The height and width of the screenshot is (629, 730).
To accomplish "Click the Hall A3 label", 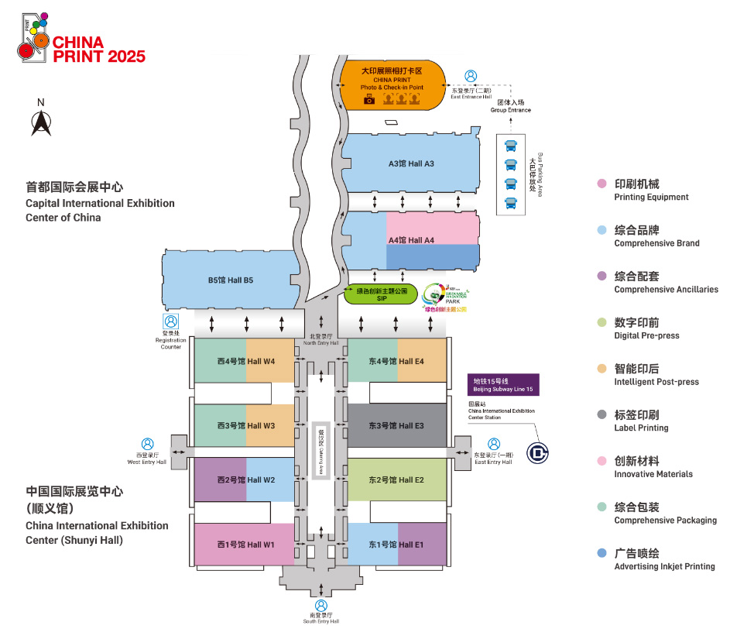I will coord(411,163).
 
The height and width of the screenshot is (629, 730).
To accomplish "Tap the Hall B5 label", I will coord(231,280).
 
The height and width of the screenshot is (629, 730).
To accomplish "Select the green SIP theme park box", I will coord(381,294).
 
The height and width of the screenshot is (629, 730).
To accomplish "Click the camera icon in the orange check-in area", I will coord(369,100).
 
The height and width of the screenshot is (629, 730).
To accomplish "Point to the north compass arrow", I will coord(41,122).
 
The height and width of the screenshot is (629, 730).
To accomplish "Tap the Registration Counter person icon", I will coord(170,321).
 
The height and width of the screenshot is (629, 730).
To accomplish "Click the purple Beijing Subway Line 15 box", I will coord(504,384).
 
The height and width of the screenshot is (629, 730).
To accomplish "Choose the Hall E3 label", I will coord(396,425).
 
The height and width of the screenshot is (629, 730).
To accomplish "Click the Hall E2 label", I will coord(396,480).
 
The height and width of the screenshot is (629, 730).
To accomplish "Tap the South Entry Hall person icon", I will coord(321,606).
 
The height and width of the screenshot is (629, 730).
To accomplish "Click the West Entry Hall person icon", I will coord(147,445).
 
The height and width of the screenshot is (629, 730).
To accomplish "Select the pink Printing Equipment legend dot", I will coord(601,184).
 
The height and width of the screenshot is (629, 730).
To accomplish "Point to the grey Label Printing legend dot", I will coord(601,414).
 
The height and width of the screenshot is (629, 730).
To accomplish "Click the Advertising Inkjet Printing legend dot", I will coord(601,553).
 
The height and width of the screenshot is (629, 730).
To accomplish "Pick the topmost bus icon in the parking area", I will coord(511,146).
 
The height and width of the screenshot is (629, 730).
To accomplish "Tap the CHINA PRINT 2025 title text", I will coord(98,49).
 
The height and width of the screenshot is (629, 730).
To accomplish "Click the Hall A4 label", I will coord(411,240).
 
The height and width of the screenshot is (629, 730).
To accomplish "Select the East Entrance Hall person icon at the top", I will coord(471,76).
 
